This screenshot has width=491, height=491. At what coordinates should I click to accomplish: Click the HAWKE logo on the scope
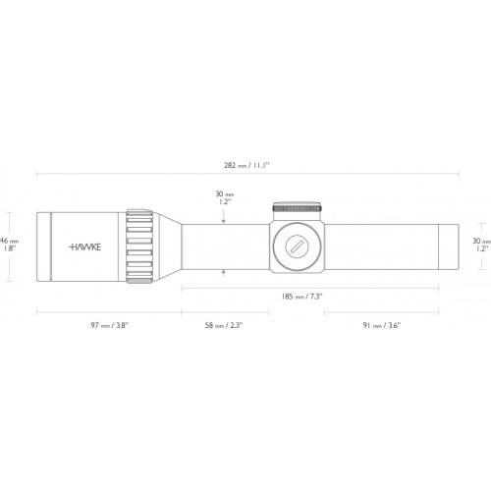85,246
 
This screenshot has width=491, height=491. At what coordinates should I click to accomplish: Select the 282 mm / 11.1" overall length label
246,165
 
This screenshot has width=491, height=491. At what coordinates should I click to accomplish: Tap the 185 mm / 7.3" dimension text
301,297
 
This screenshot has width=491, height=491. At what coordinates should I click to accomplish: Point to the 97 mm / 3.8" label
109,325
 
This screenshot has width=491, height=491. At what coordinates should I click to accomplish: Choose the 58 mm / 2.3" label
224,325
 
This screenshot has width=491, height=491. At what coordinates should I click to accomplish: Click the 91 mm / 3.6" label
382,325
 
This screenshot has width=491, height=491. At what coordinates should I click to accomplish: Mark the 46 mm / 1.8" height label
9,245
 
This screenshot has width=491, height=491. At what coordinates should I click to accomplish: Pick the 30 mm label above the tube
225,197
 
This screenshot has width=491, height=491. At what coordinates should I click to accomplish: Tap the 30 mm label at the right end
481,245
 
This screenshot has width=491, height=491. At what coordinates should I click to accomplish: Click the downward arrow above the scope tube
224,217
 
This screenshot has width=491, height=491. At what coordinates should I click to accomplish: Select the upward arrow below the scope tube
224,273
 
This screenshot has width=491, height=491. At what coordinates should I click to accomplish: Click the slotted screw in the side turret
297,246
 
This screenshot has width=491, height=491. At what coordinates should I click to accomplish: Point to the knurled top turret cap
298,207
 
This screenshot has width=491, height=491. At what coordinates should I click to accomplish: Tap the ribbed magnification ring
139,245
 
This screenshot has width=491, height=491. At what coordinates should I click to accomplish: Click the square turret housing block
298,246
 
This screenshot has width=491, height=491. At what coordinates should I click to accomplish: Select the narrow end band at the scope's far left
43,246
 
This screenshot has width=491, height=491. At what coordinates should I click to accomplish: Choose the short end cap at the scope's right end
449,246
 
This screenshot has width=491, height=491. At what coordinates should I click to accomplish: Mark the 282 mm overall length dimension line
247,174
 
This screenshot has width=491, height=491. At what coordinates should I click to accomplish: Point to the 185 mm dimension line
309,288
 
